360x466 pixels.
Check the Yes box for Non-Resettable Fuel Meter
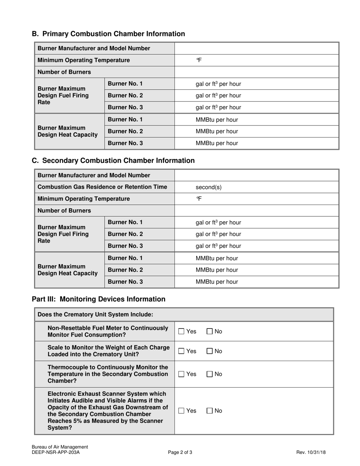point(182,332)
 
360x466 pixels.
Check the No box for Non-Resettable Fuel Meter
point(210,332)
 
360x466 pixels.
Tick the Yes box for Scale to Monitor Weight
point(182,351)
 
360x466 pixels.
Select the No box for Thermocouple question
point(210,374)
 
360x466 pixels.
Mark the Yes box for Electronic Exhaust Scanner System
point(182,411)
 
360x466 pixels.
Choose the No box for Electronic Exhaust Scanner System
point(210,411)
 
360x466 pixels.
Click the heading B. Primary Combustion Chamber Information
point(108,34)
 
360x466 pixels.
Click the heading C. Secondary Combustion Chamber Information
point(113,160)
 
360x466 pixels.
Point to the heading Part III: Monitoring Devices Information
point(99,299)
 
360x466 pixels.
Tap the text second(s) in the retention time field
point(208,187)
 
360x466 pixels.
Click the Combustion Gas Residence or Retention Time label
point(102,187)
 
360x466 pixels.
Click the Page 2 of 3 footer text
point(180,452)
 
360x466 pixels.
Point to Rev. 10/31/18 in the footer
point(311,452)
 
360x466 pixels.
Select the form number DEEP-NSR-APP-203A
point(56,452)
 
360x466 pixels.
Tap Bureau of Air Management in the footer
point(60,447)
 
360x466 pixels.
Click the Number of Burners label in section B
point(64,72)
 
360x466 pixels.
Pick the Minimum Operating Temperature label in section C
point(84,199)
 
